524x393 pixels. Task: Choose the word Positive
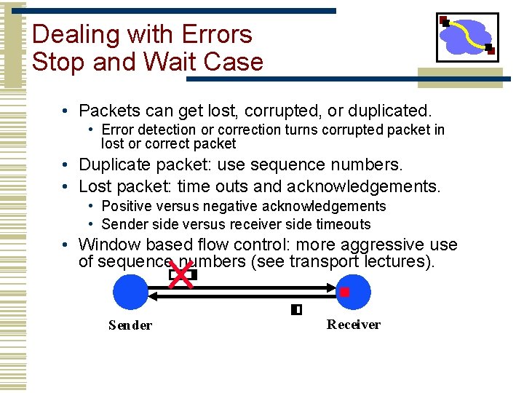click(x=126, y=207)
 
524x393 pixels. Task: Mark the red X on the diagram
click(x=182, y=275)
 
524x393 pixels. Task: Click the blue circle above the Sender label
click(x=131, y=293)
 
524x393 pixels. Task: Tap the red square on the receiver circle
click(x=345, y=292)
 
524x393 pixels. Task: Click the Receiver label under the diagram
click(x=353, y=325)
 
